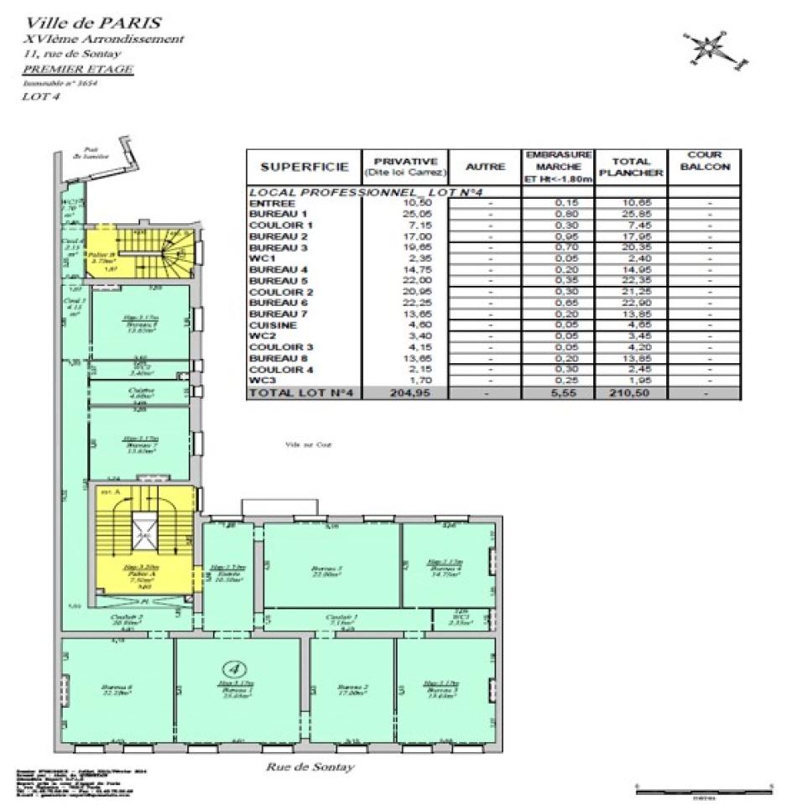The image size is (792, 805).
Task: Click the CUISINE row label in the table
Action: (x=270, y=324)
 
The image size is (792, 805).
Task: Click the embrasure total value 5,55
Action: (x=559, y=392)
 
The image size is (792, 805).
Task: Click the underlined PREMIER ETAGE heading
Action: (x=76, y=69)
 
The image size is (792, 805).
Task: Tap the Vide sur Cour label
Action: (x=309, y=444)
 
